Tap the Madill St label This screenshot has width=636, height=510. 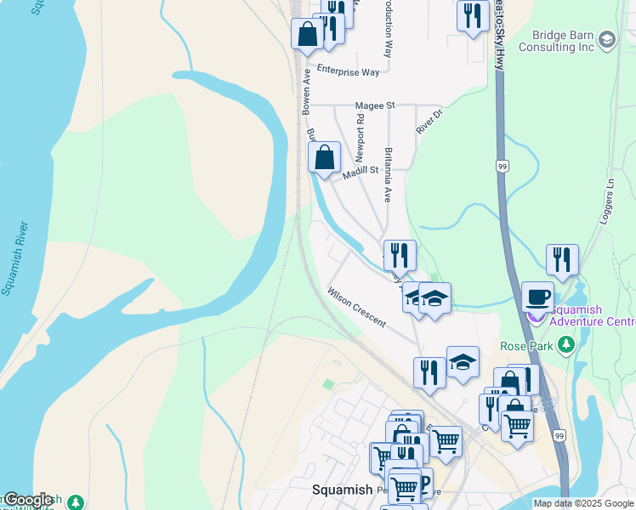361,173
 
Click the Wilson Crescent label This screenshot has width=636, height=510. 356,307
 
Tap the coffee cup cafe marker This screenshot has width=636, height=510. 537,297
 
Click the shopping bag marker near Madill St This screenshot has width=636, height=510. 324,157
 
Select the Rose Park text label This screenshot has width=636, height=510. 526,346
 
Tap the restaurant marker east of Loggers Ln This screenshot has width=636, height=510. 562,259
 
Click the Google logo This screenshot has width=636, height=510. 27,500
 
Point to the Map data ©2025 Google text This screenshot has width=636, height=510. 584,503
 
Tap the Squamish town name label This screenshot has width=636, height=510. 342,490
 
